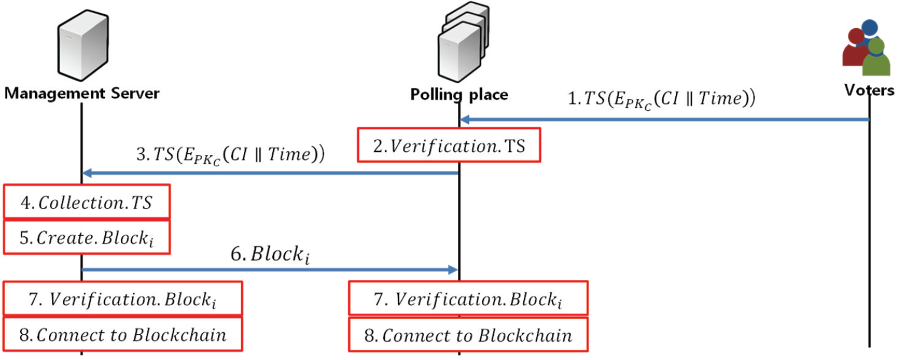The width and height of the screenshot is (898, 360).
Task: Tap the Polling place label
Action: coord(458,94)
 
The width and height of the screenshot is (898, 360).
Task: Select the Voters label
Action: coord(869,91)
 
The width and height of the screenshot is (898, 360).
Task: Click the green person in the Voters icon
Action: coord(876,58)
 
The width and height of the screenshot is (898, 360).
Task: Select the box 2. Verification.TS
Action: coord(448,144)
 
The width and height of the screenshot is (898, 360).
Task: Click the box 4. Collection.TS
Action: coord(87,202)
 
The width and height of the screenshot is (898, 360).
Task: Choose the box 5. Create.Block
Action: coord(87,237)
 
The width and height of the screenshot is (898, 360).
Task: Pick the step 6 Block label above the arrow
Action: coord(272,255)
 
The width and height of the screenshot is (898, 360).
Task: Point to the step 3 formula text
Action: coord(231,155)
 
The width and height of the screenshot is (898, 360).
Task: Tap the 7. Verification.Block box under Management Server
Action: coord(123,299)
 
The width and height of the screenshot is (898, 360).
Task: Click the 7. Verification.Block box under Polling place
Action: coord(468,299)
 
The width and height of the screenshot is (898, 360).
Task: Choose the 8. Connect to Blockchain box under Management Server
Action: coord(123,335)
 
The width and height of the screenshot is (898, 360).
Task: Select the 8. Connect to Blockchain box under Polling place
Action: coord(468,335)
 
